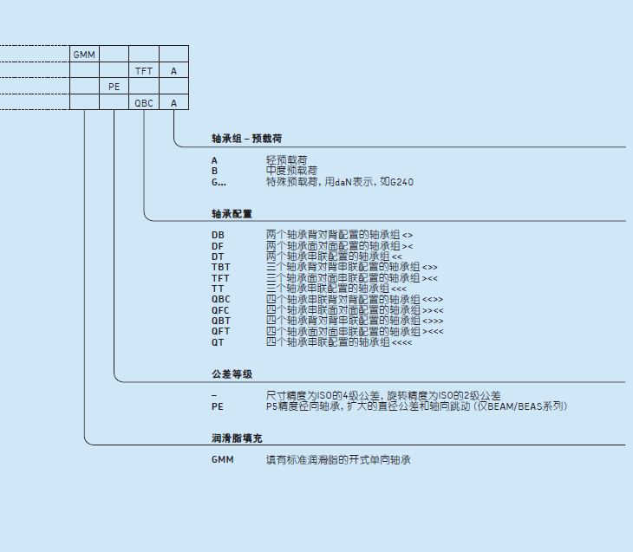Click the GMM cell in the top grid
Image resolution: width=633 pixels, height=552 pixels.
tap(84, 55)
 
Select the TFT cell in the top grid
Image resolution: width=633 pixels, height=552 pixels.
tap(144, 71)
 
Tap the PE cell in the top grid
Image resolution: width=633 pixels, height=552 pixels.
tap(114, 87)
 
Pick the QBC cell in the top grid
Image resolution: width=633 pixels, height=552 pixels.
tap(144, 103)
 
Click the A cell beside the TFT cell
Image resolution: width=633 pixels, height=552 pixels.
tap(173, 71)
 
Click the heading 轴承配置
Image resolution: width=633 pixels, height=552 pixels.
tap(232, 213)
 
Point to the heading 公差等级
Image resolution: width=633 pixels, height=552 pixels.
tap(232, 374)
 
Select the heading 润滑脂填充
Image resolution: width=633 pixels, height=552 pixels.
tap(237, 438)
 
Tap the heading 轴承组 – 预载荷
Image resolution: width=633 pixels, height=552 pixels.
tap(246, 139)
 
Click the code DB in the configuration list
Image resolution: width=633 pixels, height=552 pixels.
tap(218, 235)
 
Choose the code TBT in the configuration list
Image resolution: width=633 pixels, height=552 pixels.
tap(220, 267)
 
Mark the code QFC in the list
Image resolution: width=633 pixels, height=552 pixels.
tap(221, 309)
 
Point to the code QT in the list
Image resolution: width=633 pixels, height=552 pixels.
tap(218, 342)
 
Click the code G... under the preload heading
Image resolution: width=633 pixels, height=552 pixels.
tap(219, 182)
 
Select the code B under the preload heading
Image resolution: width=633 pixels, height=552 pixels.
tap(214, 171)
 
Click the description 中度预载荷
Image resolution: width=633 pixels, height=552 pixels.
tap(291, 171)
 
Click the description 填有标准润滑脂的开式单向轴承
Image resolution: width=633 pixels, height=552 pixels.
tap(337, 459)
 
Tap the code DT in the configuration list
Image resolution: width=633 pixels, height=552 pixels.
tap(218, 257)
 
